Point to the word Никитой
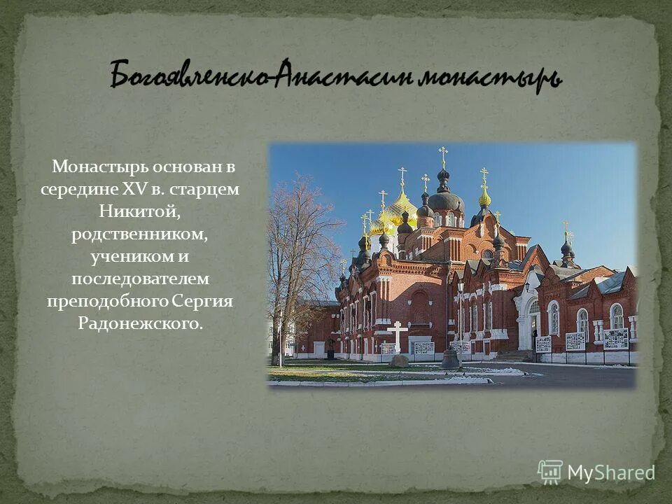pos(140,211)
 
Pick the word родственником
pos(139,234)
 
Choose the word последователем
pos(140,279)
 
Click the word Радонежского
pos(141,323)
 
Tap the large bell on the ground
pos(449,358)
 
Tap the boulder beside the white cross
pos(399,360)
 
